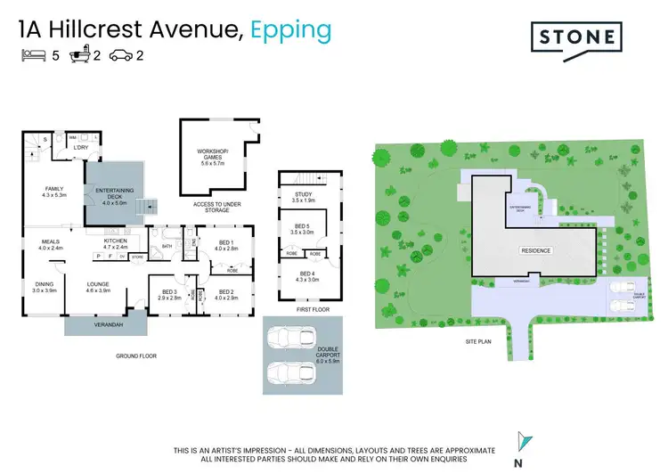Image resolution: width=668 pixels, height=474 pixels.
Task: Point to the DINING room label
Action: click(x=45, y=286)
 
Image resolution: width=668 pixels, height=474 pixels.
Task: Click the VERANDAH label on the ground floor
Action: click(x=104, y=324)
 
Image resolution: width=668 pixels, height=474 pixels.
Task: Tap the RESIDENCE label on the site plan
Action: click(x=536, y=251)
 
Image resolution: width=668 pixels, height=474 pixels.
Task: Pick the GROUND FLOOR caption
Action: click(x=137, y=355)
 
